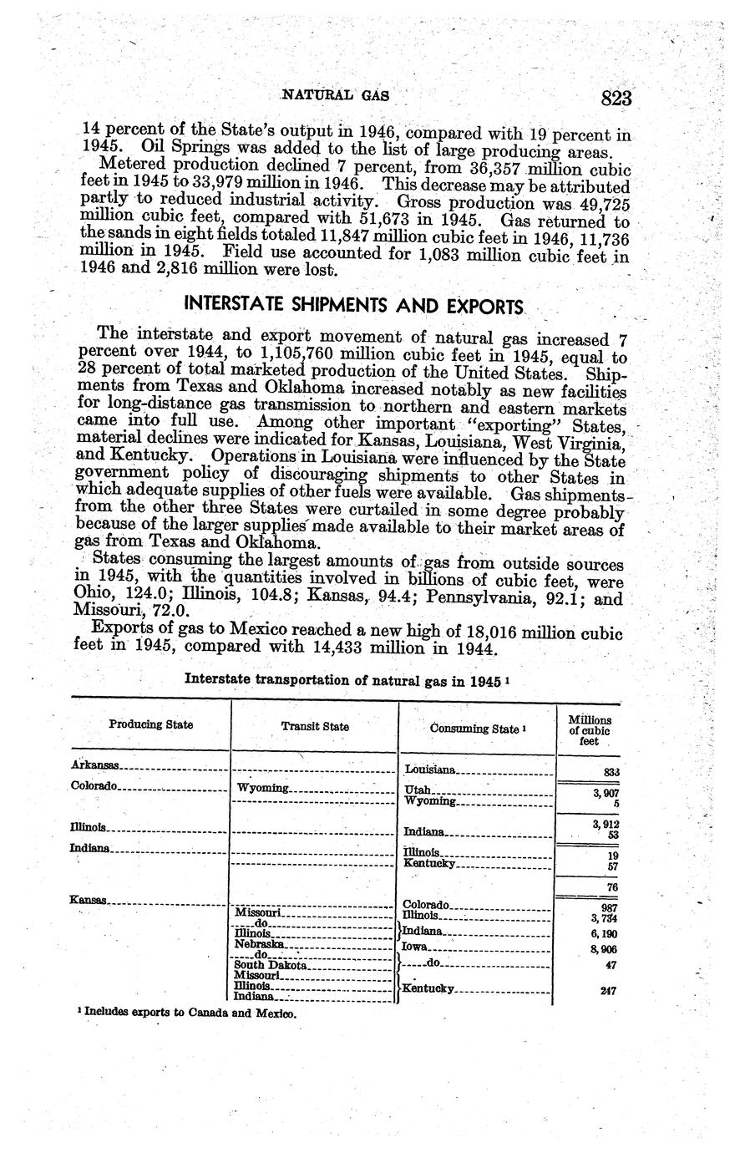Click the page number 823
pos(616,98)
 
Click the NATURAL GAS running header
pos(336,96)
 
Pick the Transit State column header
pos(315,727)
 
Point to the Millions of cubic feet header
pos(590,730)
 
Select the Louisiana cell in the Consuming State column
pos(430,769)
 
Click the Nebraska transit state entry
pos(261,943)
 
